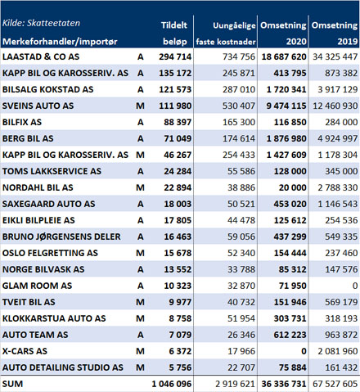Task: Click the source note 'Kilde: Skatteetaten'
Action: [41, 23]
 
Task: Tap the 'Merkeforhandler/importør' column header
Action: [60, 42]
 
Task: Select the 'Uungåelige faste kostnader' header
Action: [226, 34]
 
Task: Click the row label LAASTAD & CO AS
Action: [41, 56]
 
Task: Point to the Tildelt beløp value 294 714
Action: [175, 56]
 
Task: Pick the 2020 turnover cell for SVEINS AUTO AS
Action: [286, 106]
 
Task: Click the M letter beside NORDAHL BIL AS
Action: [140, 187]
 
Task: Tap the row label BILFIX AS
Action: [22, 122]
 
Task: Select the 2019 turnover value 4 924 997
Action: [337, 138]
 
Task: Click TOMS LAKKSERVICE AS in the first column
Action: [52, 171]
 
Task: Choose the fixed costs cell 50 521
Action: [241, 204]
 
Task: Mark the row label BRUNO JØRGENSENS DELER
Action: [61, 237]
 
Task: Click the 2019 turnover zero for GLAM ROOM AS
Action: [354, 286]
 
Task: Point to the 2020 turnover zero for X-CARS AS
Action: [304, 351]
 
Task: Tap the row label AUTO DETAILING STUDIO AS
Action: [63, 367]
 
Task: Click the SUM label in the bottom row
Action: [12, 384]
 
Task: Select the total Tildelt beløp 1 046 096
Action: [172, 384]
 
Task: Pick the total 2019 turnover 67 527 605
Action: [335, 384]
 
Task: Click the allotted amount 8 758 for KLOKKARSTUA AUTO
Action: [180, 318]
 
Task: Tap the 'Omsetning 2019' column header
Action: [335, 34]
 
